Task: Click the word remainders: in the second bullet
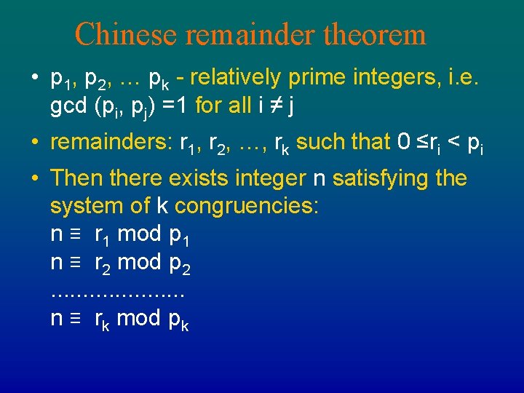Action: (x=111, y=142)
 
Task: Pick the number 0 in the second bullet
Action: (x=405, y=142)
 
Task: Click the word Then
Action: (x=74, y=178)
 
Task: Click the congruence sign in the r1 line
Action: (x=75, y=234)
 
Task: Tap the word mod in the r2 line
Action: (x=139, y=263)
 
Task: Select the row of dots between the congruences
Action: (x=117, y=293)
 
